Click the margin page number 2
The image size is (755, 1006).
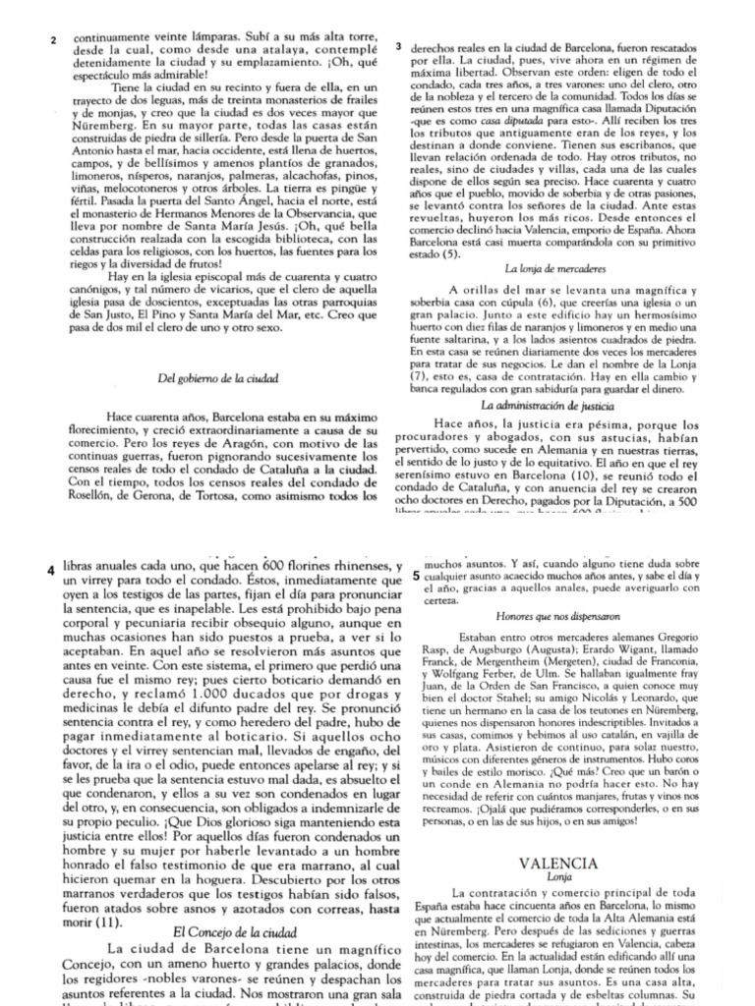(x=54, y=39)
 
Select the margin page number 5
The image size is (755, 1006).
(x=417, y=577)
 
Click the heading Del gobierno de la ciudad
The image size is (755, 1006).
(x=218, y=377)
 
